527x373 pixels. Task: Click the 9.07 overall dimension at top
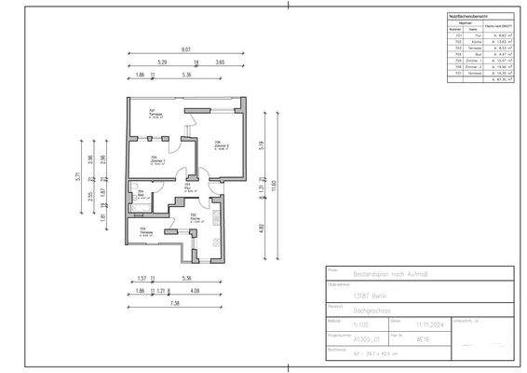(186, 48)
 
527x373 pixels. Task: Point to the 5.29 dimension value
(161, 62)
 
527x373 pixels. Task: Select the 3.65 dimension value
(220, 62)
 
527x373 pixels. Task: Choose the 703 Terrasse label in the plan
(142, 233)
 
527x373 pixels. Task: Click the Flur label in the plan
(187, 188)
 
